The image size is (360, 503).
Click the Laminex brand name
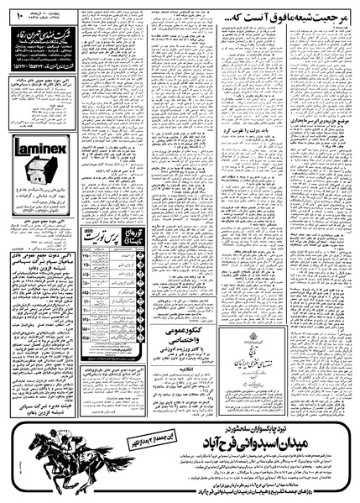[x=39, y=151]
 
